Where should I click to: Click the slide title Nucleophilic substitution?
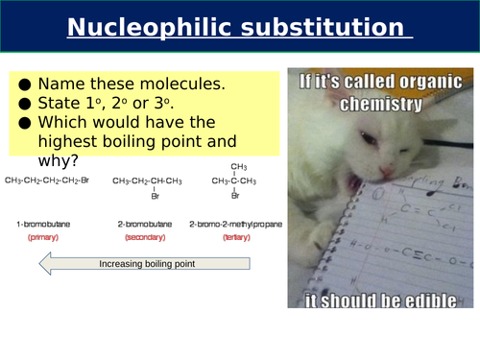(239, 26)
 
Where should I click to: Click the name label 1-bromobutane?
(40, 224)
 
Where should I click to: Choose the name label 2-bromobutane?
(144, 224)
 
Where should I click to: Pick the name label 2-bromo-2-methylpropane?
(236, 224)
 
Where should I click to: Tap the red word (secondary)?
(144, 236)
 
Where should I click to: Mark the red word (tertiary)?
(236, 236)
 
